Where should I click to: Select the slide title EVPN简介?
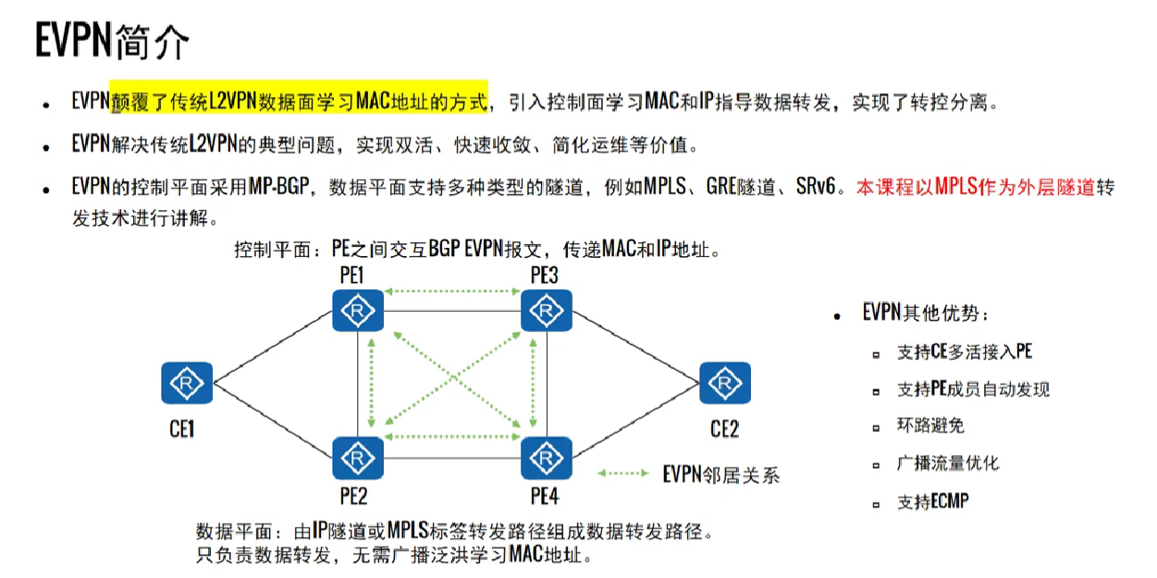(112, 42)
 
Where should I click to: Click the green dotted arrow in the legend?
(622, 473)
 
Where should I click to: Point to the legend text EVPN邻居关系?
(720, 474)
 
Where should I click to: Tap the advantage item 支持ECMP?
(932, 502)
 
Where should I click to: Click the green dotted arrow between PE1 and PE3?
(451, 292)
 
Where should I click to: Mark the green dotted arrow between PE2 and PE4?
(451, 436)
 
